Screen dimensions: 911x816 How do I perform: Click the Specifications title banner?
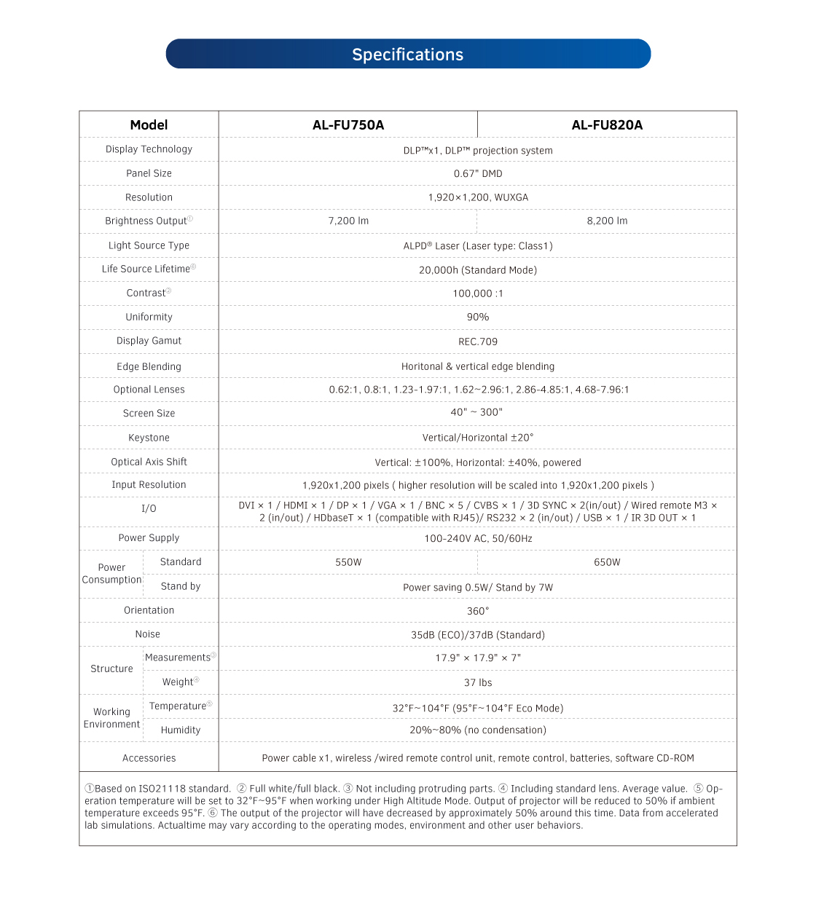pyautogui.click(x=408, y=55)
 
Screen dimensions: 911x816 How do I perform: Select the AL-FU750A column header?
pyautogui.click(x=348, y=125)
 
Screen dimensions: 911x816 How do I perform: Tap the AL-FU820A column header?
pyautogui.click(x=607, y=125)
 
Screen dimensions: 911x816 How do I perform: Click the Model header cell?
pyautogui.click(x=149, y=125)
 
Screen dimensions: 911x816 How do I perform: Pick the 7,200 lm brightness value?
pyautogui.click(x=348, y=221)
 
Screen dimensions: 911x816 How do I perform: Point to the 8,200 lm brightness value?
pyautogui.click(x=607, y=221)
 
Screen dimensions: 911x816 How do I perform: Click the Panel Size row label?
pyautogui.click(x=149, y=174)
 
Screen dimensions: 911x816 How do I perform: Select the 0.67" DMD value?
pyautogui.click(x=478, y=174)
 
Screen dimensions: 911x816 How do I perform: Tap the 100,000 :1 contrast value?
pyautogui.click(x=478, y=293)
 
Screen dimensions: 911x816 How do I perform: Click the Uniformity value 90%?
pyautogui.click(x=478, y=318)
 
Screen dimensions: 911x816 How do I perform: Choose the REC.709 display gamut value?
pyautogui.click(x=478, y=342)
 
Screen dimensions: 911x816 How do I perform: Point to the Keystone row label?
pyautogui.click(x=149, y=438)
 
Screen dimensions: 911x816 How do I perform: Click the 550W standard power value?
pyautogui.click(x=348, y=562)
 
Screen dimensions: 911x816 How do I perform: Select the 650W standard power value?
pyautogui.click(x=607, y=562)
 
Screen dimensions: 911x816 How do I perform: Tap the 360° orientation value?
pyautogui.click(x=478, y=611)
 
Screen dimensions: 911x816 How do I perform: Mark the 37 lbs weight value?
pyautogui.click(x=478, y=683)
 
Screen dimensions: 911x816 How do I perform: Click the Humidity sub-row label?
pyautogui.click(x=181, y=730)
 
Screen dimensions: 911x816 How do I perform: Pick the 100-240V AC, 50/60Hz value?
pyautogui.click(x=478, y=539)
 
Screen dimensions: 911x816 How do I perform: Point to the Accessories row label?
pyautogui.click(x=149, y=758)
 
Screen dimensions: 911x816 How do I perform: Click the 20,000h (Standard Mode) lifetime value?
pyautogui.click(x=478, y=270)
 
